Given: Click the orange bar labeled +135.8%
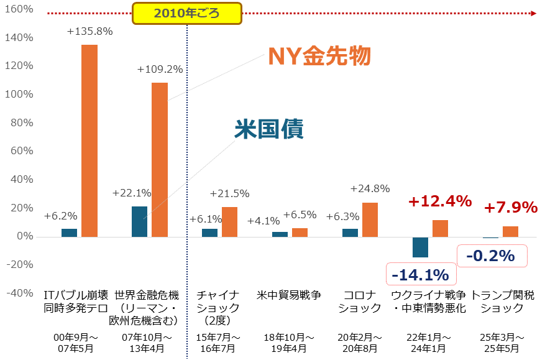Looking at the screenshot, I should pyautogui.click(x=89, y=141).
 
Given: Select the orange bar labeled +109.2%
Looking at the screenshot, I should pyautogui.click(x=160, y=160).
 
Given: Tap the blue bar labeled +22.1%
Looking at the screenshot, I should pyautogui.click(x=140, y=221).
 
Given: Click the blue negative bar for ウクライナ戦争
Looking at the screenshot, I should pyautogui.click(x=421, y=247).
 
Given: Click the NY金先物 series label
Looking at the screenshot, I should pyautogui.click(x=319, y=57).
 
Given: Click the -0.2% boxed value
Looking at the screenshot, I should pyautogui.click(x=491, y=256).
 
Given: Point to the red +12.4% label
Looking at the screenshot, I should pyautogui.click(x=440, y=201).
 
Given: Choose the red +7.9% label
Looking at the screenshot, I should pyautogui.click(x=510, y=207).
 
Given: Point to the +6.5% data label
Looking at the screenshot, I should pyautogui.click(x=300, y=215).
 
